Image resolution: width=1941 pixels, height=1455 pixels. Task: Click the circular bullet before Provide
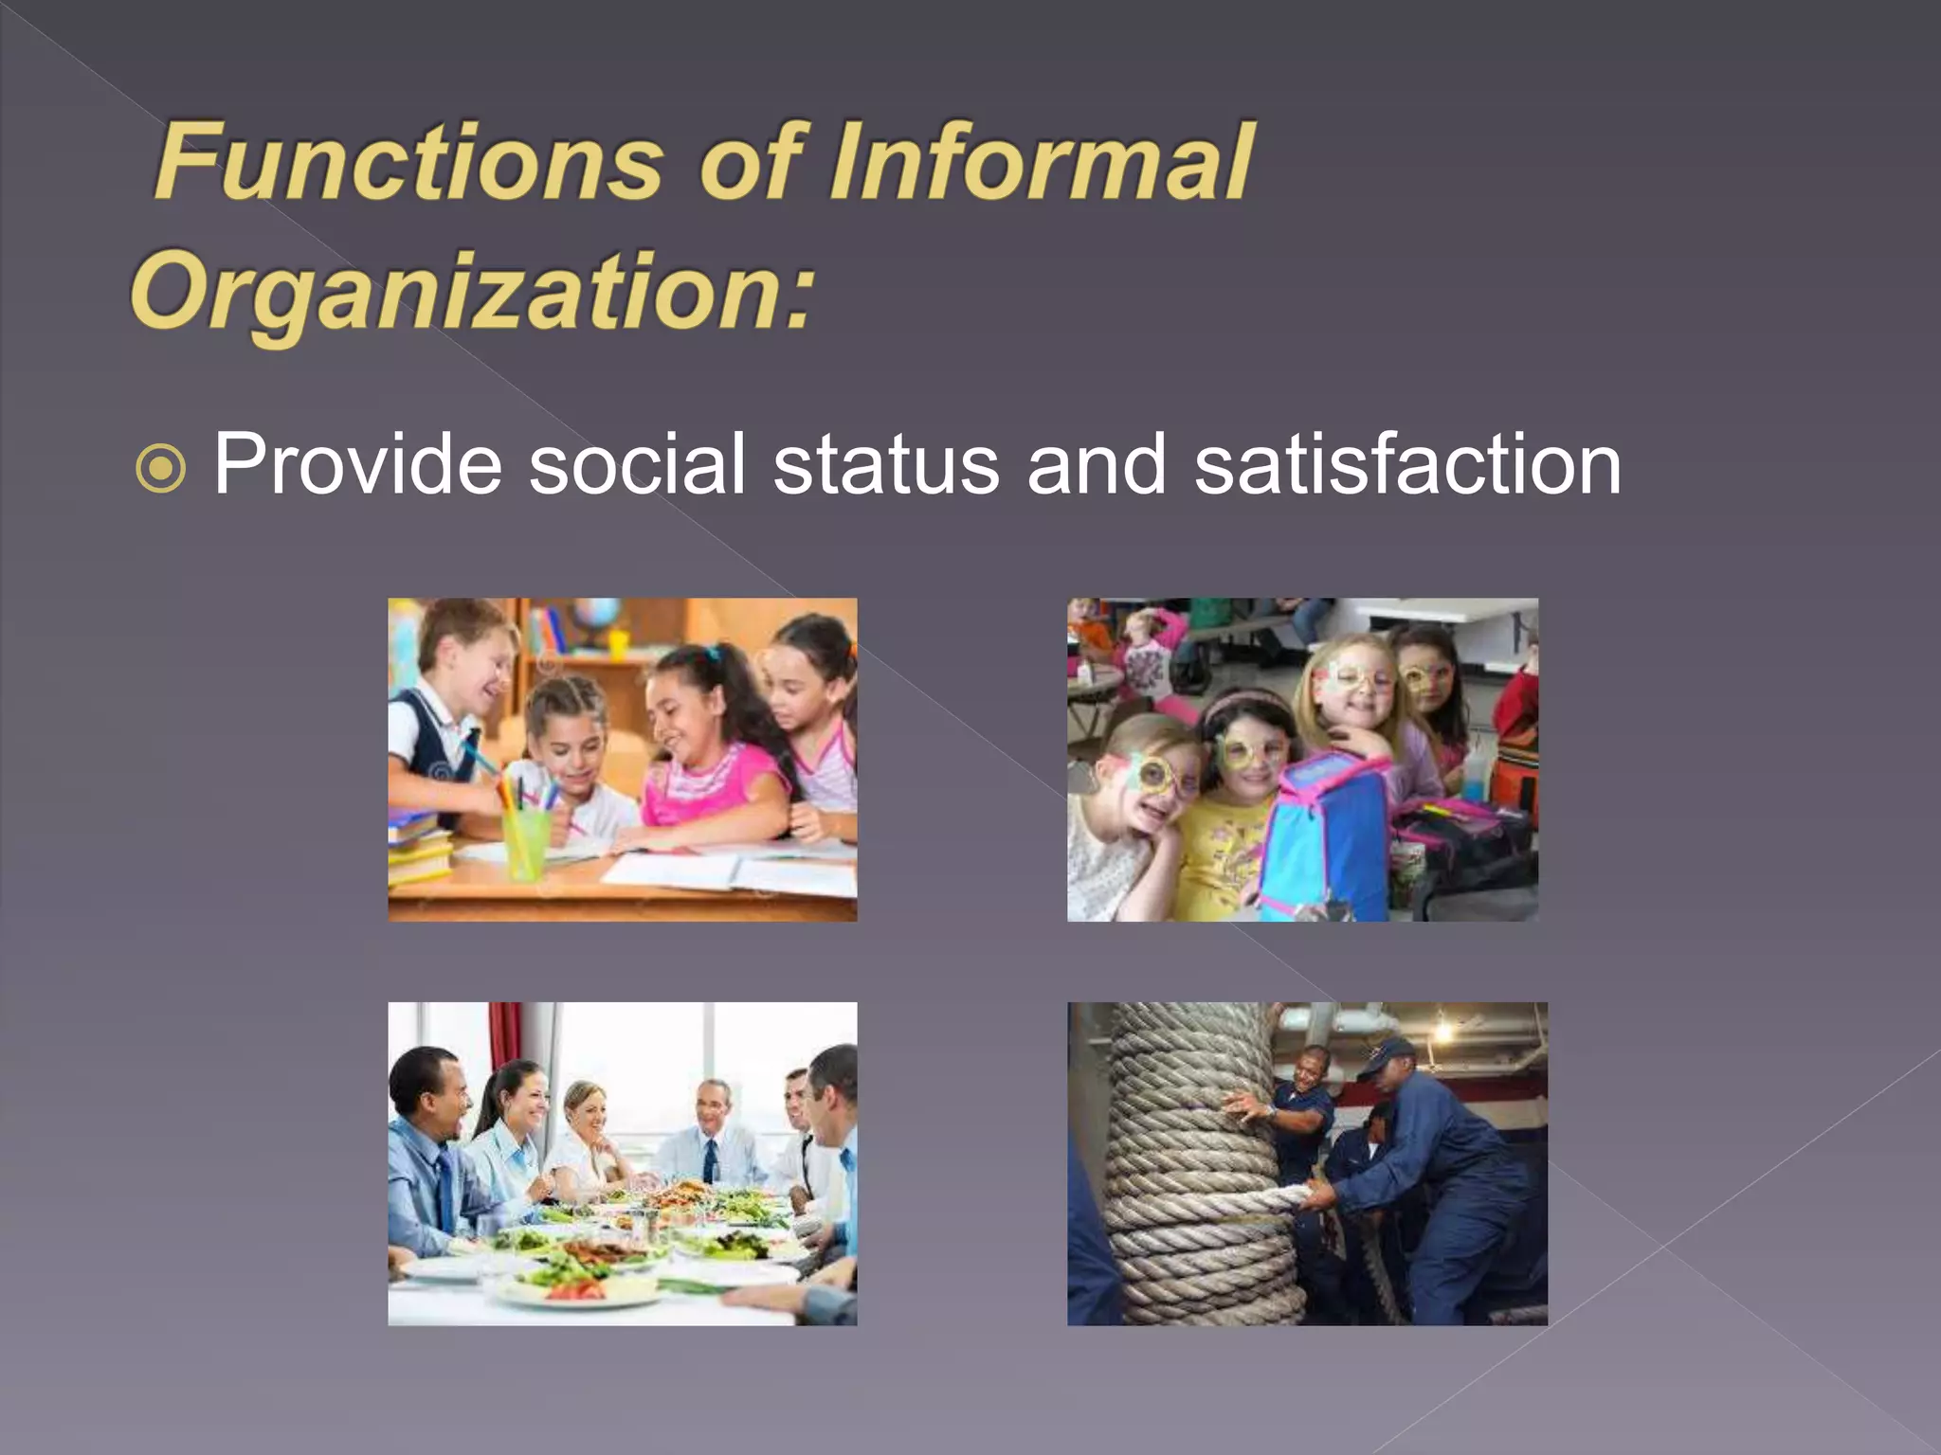click(161, 468)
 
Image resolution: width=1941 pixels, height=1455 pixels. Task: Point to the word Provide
click(357, 464)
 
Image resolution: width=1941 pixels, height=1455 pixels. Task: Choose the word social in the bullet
click(637, 464)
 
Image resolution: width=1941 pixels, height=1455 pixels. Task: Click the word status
click(886, 464)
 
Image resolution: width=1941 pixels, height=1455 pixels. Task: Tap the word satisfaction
click(1407, 464)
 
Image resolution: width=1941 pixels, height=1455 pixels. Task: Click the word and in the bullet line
click(1097, 464)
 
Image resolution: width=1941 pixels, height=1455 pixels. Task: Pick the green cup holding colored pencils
click(525, 841)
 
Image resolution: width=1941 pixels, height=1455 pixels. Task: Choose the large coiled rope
click(1194, 1165)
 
